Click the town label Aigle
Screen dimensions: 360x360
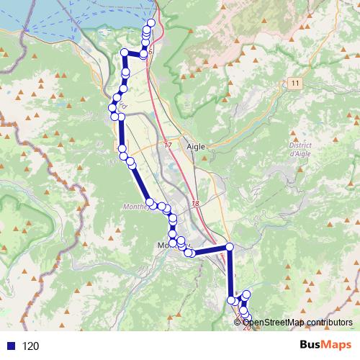tap(196, 145)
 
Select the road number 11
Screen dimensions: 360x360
tap(295, 84)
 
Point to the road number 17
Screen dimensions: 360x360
tap(168, 145)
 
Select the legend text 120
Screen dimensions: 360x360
tap(31, 346)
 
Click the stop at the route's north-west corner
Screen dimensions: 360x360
tap(125, 52)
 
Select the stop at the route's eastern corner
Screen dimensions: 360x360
tap(230, 247)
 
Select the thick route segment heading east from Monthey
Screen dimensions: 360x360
tap(210, 251)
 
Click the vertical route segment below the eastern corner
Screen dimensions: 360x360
tap(230, 274)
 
